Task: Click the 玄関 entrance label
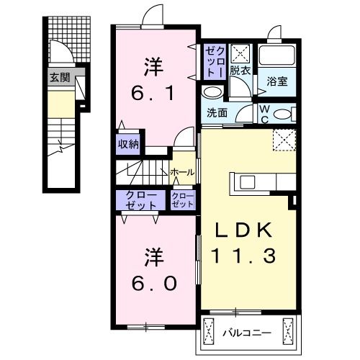pyautogui.click(x=60, y=77)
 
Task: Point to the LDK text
pyautogui.click(x=244, y=230)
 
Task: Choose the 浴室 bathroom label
pyautogui.click(x=278, y=81)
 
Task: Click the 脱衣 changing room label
pyautogui.click(x=240, y=71)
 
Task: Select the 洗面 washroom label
pyautogui.click(x=217, y=113)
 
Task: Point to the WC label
pyautogui.click(x=265, y=113)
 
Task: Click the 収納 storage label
pyautogui.click(x=128, y=143)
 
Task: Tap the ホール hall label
pyautogui.click(x=181, y=172)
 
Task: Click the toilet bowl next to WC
pyautogui.click(x=284, y=113)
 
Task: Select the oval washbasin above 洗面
pyautogui.click(x=212, y=93)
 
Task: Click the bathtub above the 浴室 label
pyautogui.click(x=277, y=57)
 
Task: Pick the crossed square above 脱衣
pyautogui.click(x=241, y=53)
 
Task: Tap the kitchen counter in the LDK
pyautogui.click(x=254, y=183)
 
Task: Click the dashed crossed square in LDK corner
pyautogui.click(x=283, y=139)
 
